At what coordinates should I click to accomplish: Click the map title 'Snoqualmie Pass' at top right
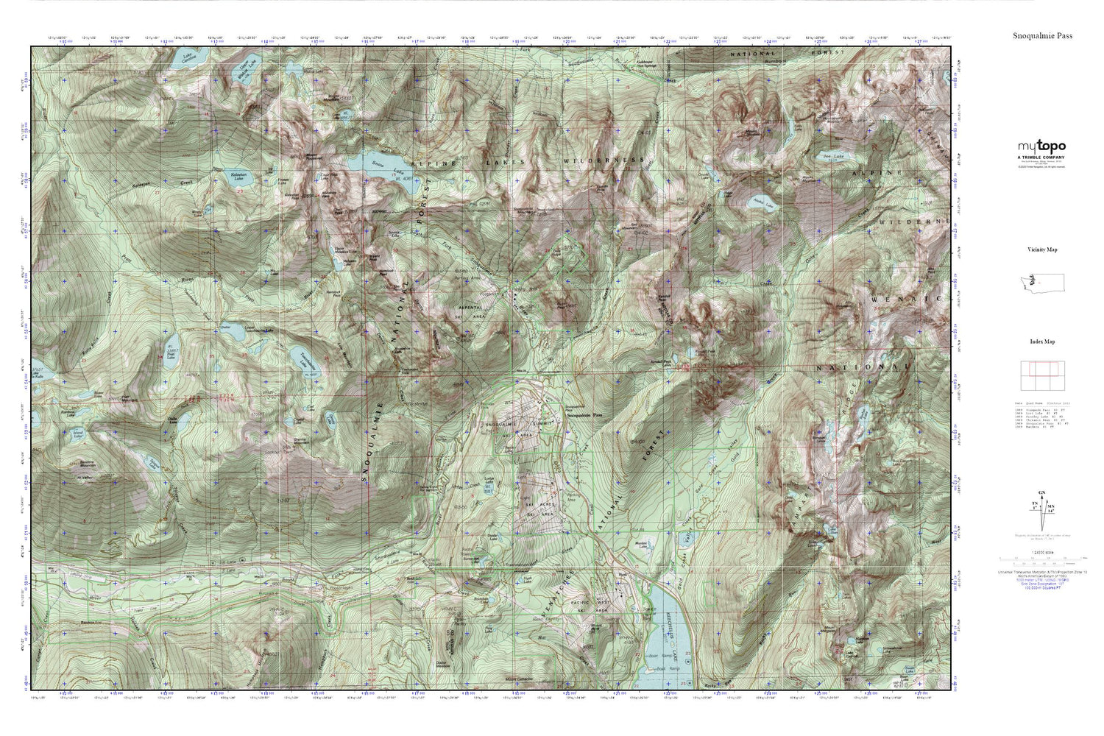click(1042, 35)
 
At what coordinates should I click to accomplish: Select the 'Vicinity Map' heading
click(1042, 250)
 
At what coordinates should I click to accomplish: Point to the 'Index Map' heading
click(1042, 342)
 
